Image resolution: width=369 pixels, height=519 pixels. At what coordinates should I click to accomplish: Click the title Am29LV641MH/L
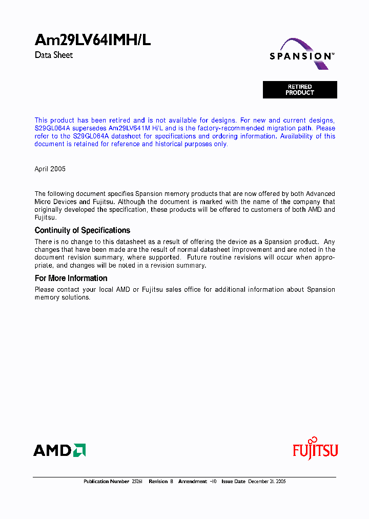pos(92,41)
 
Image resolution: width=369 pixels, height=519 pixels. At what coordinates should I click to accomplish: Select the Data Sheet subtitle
pos(54,55)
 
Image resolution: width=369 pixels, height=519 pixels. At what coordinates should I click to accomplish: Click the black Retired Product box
pos(300,90)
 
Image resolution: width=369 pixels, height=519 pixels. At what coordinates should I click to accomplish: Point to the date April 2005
pos(50,169)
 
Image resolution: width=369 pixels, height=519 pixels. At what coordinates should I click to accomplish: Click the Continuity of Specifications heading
pos(82,230)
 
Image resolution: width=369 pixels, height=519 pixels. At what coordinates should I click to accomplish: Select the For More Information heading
pos(71,278)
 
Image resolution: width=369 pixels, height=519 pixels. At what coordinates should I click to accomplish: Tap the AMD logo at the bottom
pos(59,450)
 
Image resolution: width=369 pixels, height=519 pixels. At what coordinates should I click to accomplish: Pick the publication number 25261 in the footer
pos(137,482)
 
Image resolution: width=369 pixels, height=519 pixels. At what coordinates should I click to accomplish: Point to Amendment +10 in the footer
pos(197,482)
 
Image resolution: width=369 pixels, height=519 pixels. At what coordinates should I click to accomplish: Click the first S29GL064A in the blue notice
pos(52,128)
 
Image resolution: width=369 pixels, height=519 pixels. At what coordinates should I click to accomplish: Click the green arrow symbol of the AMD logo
pos(79,450)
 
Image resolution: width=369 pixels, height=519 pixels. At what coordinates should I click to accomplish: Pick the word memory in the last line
pos(47,297)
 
